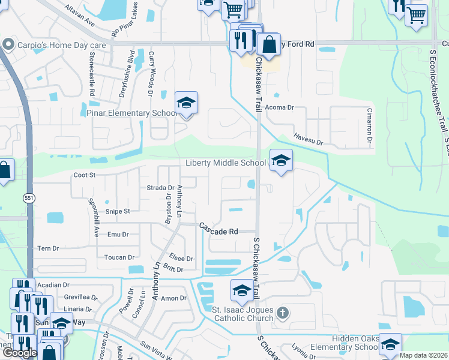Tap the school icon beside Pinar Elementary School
(x=186, y=103)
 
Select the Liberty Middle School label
(x=225, y=163)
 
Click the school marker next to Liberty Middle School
(x=280, y=161)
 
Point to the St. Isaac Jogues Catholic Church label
(x=243, y=314)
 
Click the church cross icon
(x=283, y=313)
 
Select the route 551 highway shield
(x=29, y=198)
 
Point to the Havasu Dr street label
(x=309, y=140)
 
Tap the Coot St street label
(x=85, y=175)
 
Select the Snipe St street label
(x=118, y=211)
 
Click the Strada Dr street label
(x=160, y=188)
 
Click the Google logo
(x=20, y=353)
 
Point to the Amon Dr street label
(x=174, y=298)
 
